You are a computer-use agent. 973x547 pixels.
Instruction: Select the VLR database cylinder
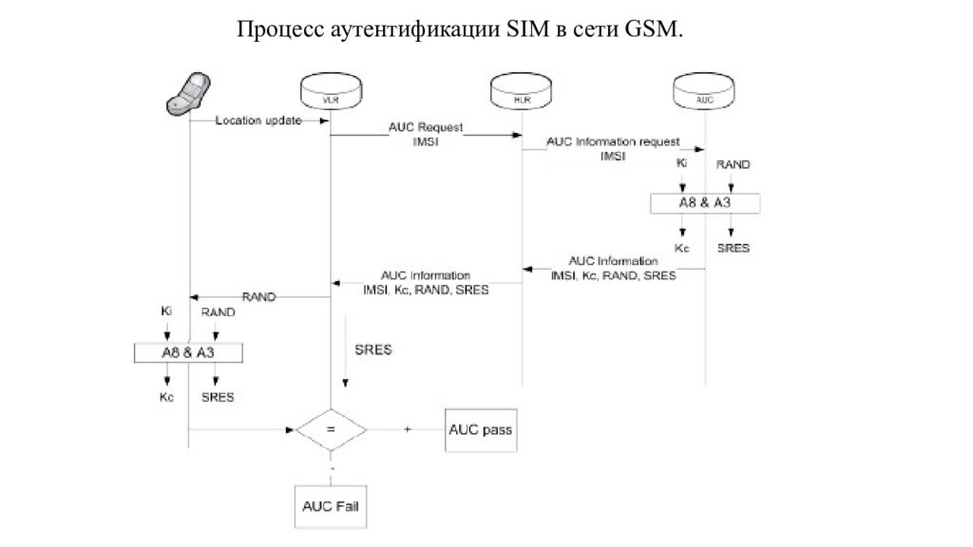329,93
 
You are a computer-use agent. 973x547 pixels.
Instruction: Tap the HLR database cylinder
521,93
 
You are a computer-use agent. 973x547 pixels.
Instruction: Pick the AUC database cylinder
704,93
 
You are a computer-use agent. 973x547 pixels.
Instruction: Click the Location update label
258,121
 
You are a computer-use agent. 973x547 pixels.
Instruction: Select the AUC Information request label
613,148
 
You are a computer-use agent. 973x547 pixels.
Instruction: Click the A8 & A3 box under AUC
705,203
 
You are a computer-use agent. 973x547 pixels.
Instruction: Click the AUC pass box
480,429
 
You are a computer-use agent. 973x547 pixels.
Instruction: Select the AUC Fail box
329,505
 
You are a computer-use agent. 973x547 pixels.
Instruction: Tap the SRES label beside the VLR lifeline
372,349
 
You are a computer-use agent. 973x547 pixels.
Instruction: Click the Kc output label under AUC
681,248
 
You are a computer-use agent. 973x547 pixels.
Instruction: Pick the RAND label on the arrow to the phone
258,296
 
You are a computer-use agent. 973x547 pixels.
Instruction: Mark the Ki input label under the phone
165,311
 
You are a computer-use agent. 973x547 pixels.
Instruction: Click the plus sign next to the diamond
408,429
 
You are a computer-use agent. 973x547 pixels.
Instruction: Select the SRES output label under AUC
734,248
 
